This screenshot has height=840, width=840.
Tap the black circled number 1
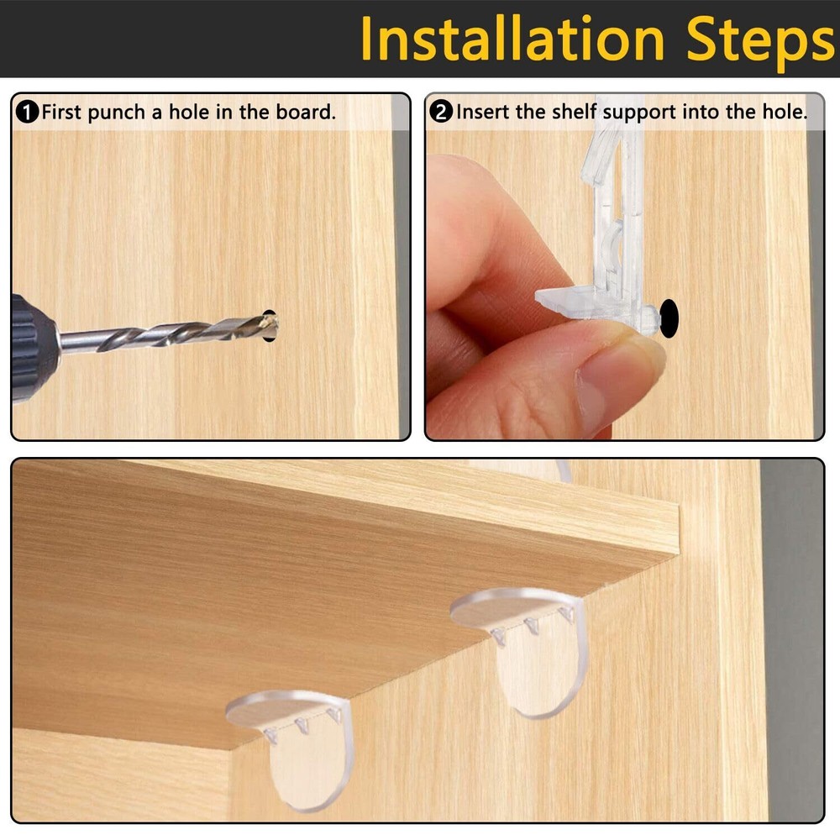[x=28, y=112]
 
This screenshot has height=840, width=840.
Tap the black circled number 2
[x=441, y=112]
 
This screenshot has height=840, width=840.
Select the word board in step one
[x=308, y=112]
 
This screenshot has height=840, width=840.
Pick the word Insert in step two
[x=482, y=112]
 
